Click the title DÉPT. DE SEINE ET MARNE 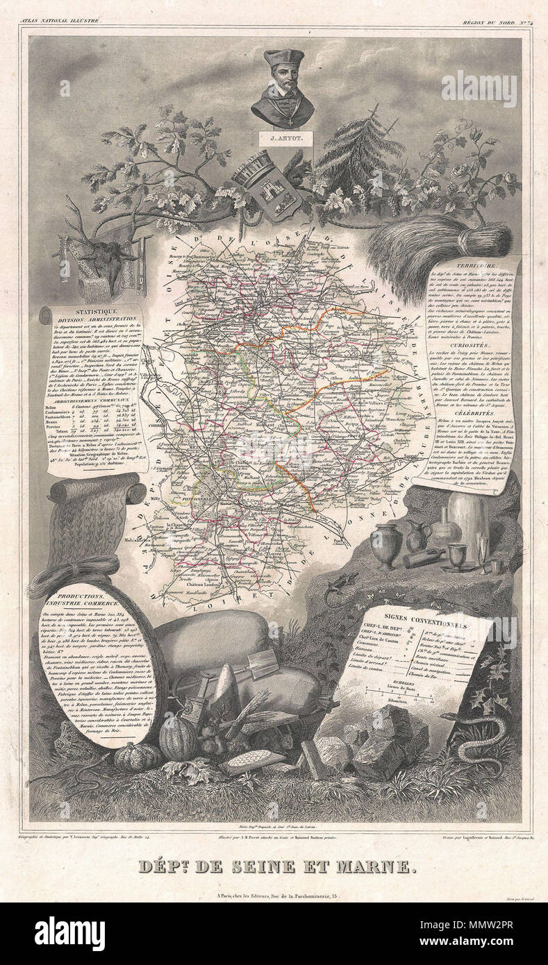pyautogui.click(x=274, y=866)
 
